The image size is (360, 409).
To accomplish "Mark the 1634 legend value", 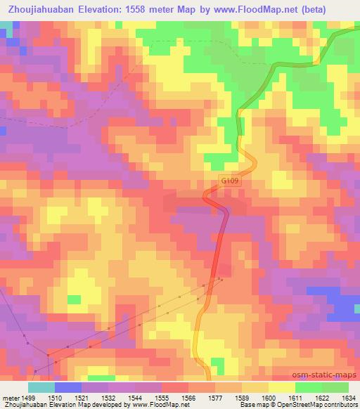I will [x=347, y=397].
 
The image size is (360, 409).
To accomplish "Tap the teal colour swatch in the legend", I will [x=41, y=387].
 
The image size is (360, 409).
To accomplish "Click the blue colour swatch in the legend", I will [x=67, y=387].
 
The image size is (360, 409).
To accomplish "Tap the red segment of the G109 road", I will [x=220, y=239].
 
